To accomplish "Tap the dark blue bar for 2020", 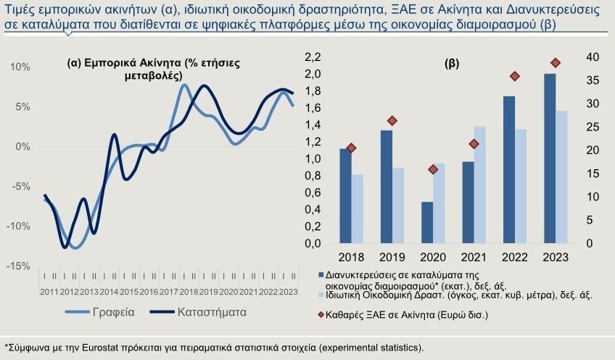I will (x=427, y=222).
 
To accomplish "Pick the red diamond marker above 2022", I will (x=515, y=76).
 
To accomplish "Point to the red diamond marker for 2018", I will (x=351, y=148).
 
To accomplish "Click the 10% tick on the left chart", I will (x=20, y=67).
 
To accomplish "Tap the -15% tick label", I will (x=18, y=266).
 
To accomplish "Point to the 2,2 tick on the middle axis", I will (x=312, y=57).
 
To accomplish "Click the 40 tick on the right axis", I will (x=592, y=57).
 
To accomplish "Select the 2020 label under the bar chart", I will (x=433, y=258).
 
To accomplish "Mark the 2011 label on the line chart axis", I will (x=50, y=292).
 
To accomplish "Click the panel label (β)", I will (x=451, y=64).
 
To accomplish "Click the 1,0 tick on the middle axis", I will (x=312, y=159).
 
